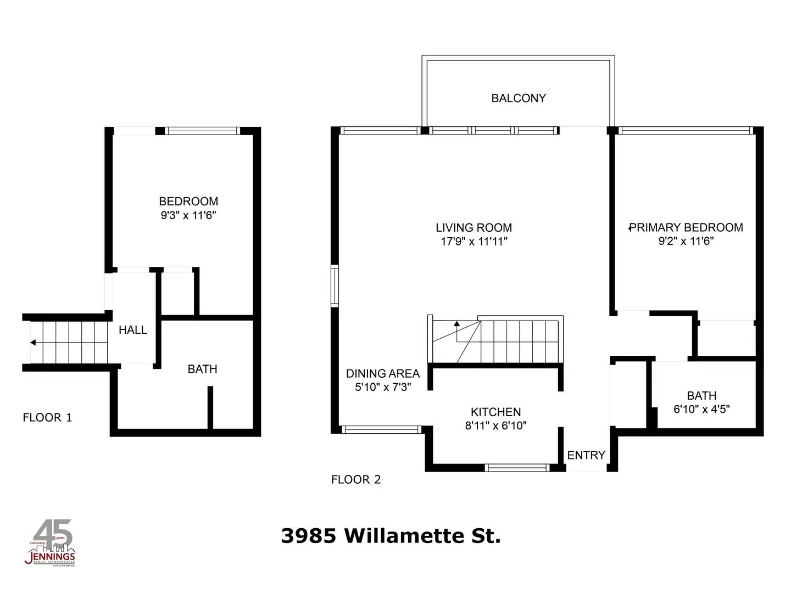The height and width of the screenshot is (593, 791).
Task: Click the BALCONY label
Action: (x=519, y=98)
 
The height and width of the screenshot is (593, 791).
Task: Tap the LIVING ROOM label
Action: (x=474, y=227)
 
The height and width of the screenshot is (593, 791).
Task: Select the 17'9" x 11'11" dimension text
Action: (x=474, y=242)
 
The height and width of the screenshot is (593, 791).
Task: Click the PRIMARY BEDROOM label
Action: (x=686, y=227)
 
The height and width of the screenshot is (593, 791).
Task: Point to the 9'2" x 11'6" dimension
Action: (x=686, y=241)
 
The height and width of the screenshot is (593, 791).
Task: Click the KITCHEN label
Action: (x=495, y=412)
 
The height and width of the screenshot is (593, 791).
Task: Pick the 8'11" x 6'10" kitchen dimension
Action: (x=495, y=426)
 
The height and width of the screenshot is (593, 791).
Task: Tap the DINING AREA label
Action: (x=382, y=373)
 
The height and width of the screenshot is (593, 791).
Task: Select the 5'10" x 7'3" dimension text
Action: (x=382, y=387)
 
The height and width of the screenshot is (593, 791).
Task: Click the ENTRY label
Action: (x=586, y=455)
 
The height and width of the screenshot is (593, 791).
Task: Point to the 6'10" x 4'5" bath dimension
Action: (x=701, y=409)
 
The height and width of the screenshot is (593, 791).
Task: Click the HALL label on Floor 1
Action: (x=133, y=330)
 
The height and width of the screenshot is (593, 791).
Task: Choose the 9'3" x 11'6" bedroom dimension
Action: (x=188, y=215)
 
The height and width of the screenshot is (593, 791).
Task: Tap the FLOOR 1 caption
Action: (x=47, y=417)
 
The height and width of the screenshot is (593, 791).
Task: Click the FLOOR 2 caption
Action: (x=356, y=479)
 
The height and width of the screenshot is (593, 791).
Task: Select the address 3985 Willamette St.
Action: (x=391, y=535)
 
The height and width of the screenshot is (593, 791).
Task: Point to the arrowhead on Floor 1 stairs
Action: (x=33, y=343)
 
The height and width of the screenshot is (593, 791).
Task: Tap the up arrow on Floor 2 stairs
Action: (x=456, y=324)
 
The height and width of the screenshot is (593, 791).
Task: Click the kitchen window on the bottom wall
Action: (x=517, y=468)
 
